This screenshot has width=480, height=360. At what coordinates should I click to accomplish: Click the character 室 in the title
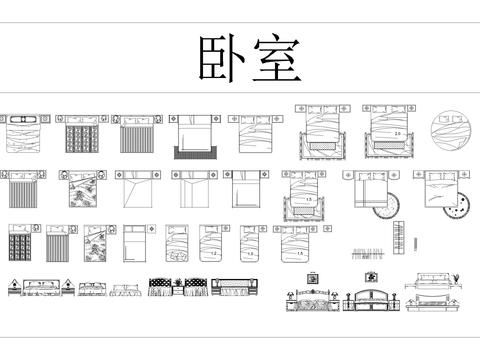271,61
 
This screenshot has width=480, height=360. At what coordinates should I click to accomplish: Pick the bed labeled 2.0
391,133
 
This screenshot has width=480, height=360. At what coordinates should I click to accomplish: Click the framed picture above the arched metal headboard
371,274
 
